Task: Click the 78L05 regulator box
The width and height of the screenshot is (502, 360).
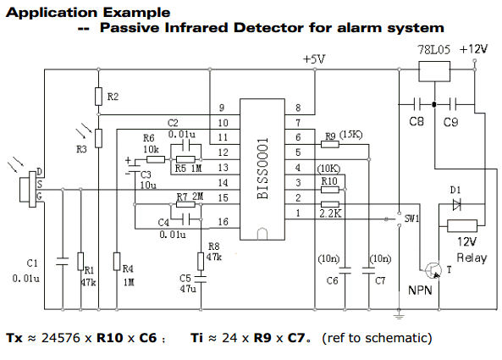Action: [x=434, y=71]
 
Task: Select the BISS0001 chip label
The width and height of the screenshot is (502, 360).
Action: [x=262, y=169]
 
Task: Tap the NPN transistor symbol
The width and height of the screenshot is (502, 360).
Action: [x=433, y=270]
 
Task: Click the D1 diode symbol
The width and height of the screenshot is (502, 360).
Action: [x=457, y=204]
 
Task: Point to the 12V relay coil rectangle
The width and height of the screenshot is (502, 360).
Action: [x=462, y=226]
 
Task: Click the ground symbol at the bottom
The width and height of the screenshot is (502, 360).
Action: [x=399, y=317]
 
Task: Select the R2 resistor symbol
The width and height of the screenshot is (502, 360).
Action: [x=98, y=96]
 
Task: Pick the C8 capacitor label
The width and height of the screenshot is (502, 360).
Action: [x=416, y=121]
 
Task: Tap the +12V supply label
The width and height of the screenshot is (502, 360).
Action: [x=473, y=49]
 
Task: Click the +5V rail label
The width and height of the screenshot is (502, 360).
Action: [x=314, y=59]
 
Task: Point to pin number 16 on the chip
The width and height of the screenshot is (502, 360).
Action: [x=223, y=222]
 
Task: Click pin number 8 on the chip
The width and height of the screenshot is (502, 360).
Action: [x=298, y=108]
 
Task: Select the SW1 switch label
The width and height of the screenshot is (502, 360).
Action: [x=411, y=219]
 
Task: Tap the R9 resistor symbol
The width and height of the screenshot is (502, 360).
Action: [x=330, y=145]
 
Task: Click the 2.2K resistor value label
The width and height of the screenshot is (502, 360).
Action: [x=330, y=213]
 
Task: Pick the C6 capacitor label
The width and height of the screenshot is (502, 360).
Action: [x=333, y=281]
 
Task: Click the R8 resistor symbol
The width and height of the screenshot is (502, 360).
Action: [x=201, y=262]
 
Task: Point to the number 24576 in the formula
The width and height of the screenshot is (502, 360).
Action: [x=61, y=338]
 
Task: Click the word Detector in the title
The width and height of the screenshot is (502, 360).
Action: [x=268, y=28]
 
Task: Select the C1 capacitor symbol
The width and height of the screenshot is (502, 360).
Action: [x=63, y=262]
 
